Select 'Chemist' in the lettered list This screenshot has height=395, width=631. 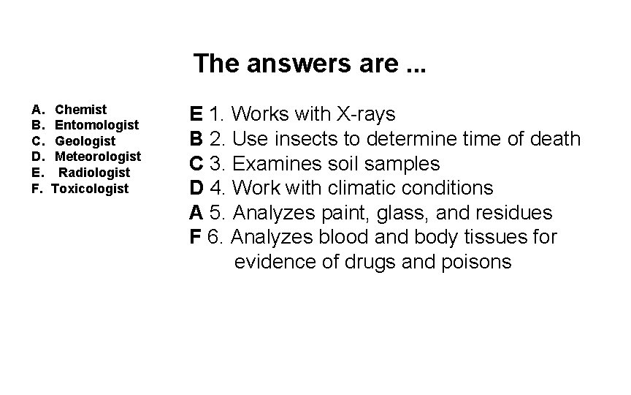pos(81,110)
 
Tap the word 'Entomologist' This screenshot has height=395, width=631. pos(96,125)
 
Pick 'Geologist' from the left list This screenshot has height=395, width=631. pos(85,141)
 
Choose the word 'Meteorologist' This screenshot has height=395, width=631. pos(98,157)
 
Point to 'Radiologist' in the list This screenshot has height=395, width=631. pos(94,173)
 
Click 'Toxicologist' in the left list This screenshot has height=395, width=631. pos(90,189)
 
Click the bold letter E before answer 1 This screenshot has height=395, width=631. pos(196,114)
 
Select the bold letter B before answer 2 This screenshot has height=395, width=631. pos(196,139)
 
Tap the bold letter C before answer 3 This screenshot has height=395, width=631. pos(196,163)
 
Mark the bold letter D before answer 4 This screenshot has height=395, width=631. pos(196,188)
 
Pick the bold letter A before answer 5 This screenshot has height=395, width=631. pos(196,213)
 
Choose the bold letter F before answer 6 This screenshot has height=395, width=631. pos(195,237)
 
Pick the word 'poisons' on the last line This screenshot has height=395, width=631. pos(477,262)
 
